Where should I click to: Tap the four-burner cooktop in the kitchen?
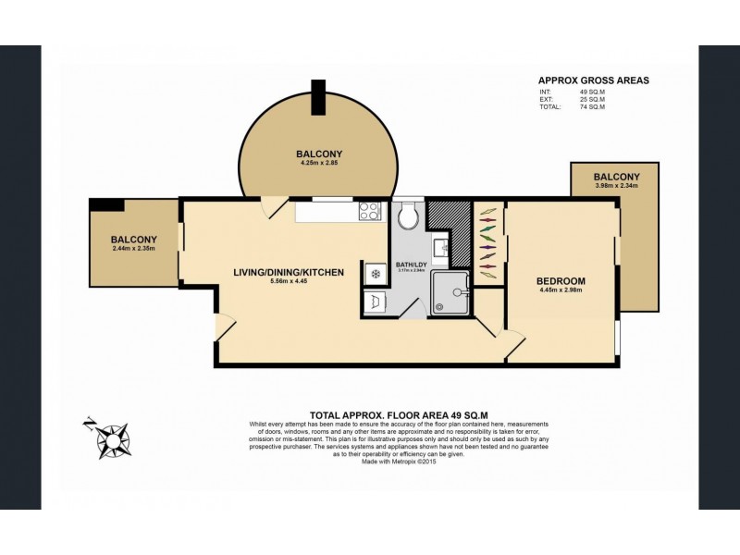[x=371, y=211]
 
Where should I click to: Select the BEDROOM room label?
[x=561, y=280]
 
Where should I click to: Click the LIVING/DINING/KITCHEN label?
[x=289, y=272]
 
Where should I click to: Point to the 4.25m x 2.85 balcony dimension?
[x=320, y=163]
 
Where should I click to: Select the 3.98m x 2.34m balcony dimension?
[x=616, y=186]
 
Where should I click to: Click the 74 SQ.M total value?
[x=591, y=108]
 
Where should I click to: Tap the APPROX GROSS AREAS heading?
[x=593, y=80]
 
